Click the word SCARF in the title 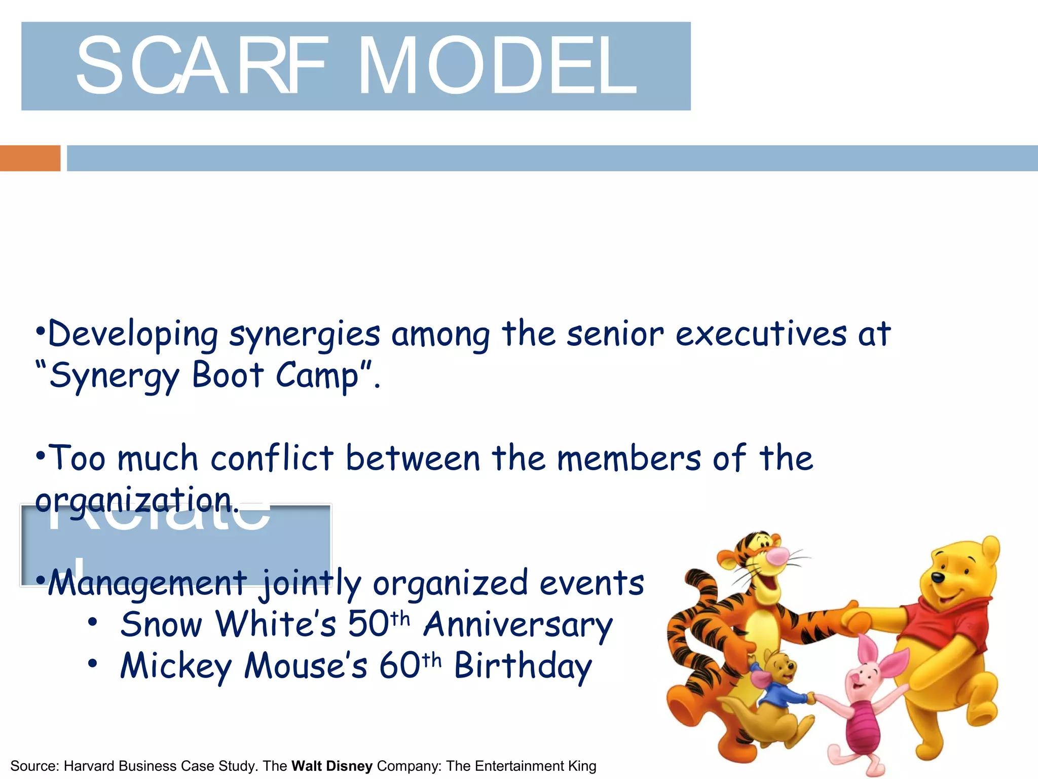200,65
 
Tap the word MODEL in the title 497,65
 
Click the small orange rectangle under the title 30,158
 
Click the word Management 147,584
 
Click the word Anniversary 518,625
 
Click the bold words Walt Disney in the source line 332,766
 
